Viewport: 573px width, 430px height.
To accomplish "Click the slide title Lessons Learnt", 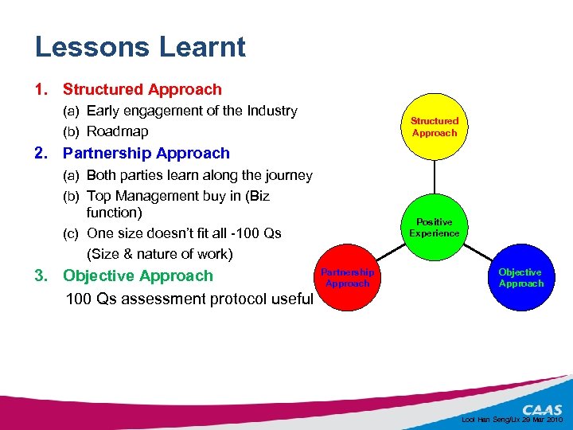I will coord(140,47).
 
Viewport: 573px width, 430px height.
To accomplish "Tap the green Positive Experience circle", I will coord(435,228).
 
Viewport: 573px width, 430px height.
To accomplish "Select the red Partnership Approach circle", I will coord(348,278).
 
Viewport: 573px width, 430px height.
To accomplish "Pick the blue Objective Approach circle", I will coord(520,278).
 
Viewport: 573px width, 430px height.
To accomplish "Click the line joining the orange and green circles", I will coord(435,178).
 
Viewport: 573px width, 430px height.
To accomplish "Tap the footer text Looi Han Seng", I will coord(498,419).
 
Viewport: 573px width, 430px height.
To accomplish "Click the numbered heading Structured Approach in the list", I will coord(142,89).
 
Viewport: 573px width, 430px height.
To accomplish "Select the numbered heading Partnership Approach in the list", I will coord(146,153).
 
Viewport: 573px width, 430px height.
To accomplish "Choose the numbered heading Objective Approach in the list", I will coord(138,276).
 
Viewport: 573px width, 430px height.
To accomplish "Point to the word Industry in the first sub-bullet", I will coord(271,111).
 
